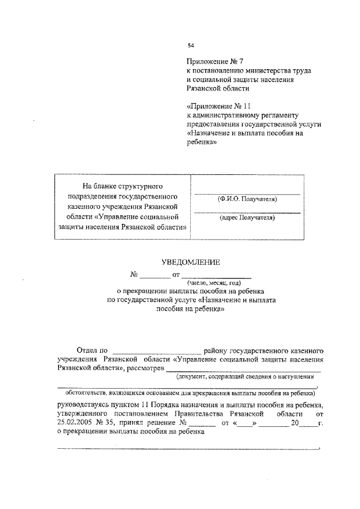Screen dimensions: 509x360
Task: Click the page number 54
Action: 191,46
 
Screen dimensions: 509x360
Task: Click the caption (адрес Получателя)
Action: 247,217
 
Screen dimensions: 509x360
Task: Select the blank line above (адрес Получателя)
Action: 247,211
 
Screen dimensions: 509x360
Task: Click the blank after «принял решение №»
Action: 203,422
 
